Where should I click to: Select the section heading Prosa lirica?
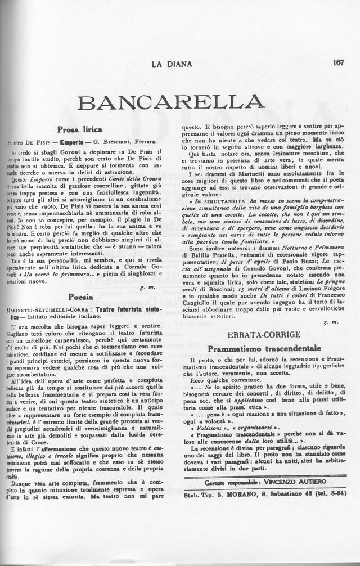click(80, 129)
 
